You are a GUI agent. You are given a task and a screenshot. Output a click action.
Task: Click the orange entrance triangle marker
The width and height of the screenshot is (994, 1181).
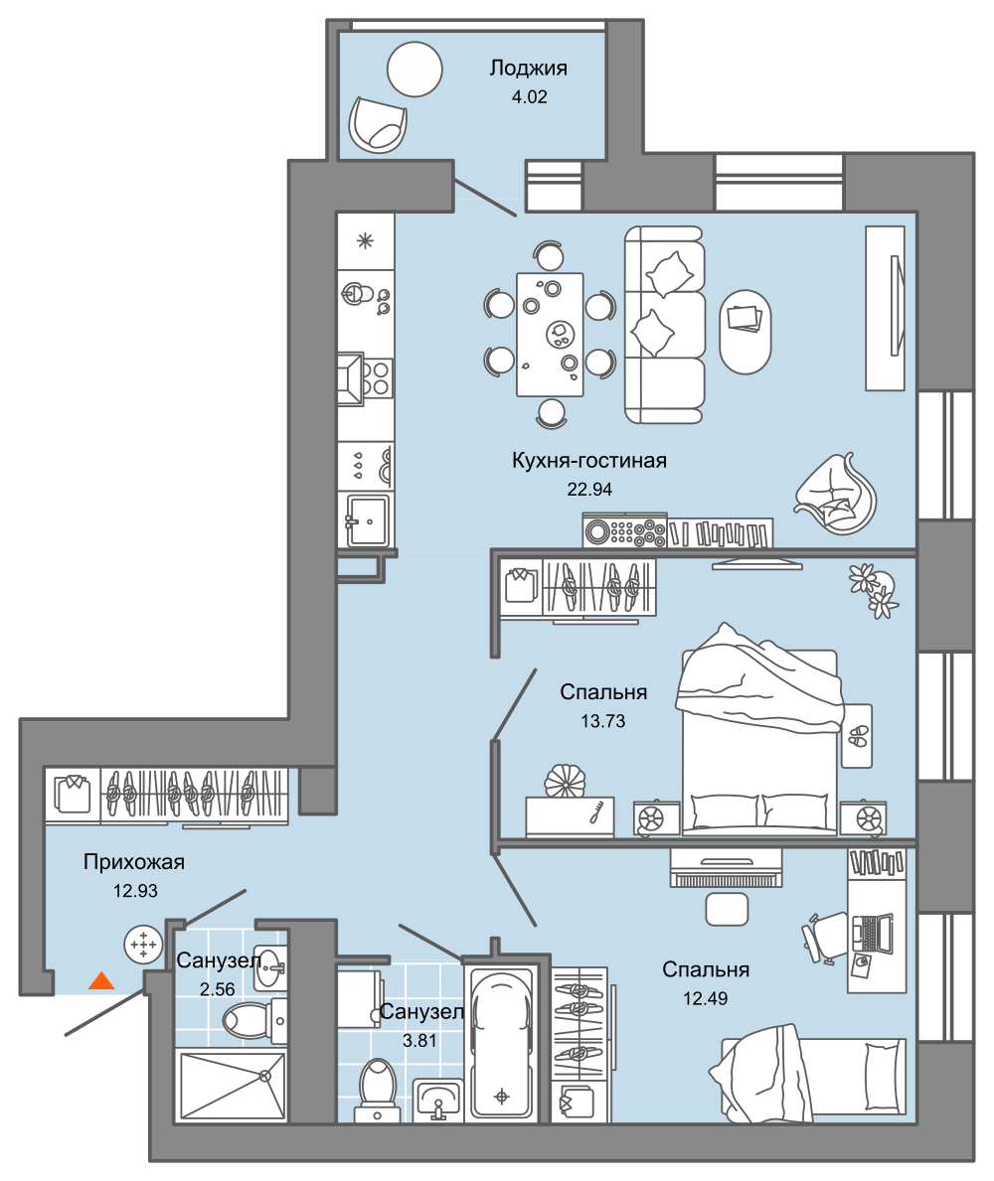(101, 980)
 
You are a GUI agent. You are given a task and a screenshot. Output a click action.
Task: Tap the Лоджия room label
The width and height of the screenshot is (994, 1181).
(528, 69)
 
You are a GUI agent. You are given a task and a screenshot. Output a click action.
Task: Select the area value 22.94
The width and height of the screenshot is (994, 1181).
(589, 490)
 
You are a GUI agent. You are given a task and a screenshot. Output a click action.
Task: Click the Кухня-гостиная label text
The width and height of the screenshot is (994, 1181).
(589, 460)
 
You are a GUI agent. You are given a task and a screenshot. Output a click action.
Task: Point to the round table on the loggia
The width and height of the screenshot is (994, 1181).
(414, 70)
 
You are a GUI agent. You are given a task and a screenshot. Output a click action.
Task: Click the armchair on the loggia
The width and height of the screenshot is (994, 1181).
(378, 124)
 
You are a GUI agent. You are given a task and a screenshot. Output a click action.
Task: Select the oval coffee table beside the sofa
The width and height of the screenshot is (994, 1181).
(745, 332)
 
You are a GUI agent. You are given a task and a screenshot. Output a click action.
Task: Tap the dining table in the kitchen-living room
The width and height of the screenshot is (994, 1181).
(550, 335)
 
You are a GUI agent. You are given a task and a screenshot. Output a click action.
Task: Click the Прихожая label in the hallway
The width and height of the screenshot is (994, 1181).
(134, 861)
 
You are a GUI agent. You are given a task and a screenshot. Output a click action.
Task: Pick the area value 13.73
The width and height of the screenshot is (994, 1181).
(603, 721)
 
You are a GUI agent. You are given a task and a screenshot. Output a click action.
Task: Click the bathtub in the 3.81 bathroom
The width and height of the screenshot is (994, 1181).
(501, 1042)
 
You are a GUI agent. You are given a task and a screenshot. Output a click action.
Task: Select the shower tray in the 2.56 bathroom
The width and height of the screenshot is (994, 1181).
(233, 1086)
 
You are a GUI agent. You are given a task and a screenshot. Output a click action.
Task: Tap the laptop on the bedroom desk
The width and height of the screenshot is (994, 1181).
(872, 934)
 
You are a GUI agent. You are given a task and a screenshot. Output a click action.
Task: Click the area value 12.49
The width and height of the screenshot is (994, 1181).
(706, 998)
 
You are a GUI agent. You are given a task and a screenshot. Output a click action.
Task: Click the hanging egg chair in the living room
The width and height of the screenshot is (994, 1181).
(837, 494)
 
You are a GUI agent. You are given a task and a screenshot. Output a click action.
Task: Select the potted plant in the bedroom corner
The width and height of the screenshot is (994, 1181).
(874, 590)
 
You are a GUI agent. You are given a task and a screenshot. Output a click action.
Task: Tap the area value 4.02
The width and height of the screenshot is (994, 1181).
(529, 97)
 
